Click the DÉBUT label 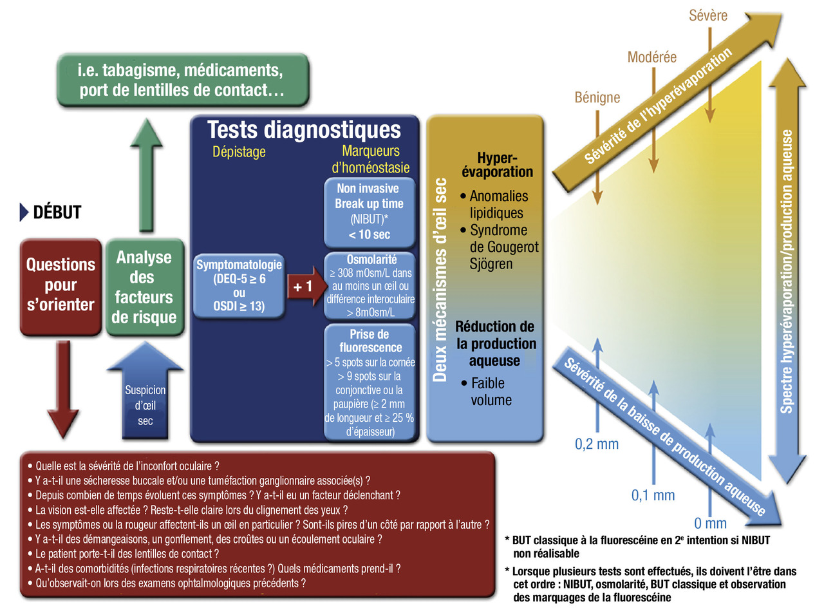tap(57, 212)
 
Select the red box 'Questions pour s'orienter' tap(61, 285)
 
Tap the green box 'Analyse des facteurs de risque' tap(144, 287)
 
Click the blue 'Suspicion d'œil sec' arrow tap(145, 399)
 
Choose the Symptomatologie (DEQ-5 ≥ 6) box tap(239, 285)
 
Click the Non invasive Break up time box tap(369, 212)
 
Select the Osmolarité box tap(370, 286)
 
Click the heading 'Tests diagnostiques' tap(304, 130)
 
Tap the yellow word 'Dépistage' tap(239, 152)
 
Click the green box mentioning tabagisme tap(182, 80)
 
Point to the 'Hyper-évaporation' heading tap(497, 165)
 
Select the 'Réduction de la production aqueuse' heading tap(494, 343)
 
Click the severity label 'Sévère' tap(708, 15)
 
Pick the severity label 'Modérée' tap(652, 57)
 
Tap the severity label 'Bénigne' tap(597, 97)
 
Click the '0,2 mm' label tap(597, 444)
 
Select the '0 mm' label tap(710, 524)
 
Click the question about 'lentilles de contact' tap(127, 554)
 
